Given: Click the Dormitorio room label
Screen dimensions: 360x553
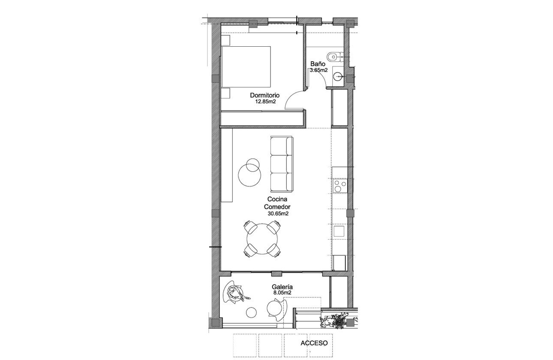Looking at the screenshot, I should tap(264, 95).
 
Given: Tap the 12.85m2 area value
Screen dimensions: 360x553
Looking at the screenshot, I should tap(265, 102).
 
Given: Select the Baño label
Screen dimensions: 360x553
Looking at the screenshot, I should tap(318, 64).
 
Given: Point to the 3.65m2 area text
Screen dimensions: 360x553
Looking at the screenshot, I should tap(319, 70).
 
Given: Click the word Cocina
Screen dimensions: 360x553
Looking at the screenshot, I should tap(277, 199).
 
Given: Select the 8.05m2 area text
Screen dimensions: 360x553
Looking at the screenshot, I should tap(282, 293).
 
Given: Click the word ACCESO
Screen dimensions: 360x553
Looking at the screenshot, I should tap(314, 343).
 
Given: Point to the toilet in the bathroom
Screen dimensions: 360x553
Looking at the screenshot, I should tap(334, 56).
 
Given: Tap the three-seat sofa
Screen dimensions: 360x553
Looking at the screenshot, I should tap(282, 164).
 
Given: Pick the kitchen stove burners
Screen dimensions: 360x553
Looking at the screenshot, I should tap(340, 186).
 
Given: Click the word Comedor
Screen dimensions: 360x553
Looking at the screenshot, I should tap(277, 206).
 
